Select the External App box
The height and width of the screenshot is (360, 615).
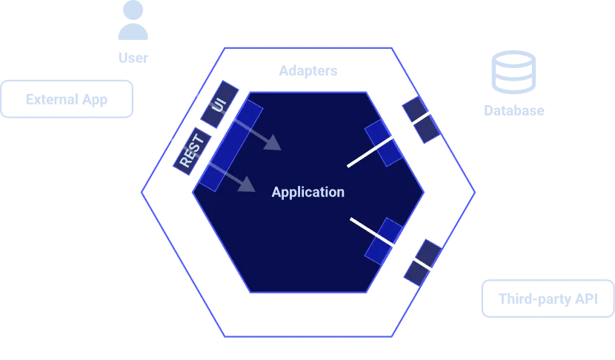[69, 99]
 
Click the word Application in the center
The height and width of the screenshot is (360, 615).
[307, 193]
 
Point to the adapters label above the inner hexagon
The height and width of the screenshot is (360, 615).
[308, 71]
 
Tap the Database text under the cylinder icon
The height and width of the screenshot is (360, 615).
[513, 111]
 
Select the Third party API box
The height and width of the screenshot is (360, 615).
[547, 299]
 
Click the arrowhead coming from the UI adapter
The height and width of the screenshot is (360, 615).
[273, 143]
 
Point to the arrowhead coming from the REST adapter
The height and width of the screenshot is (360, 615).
[248, 185]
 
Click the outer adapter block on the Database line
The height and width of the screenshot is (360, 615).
[421, 119]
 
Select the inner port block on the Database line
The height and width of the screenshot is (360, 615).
[384, 143]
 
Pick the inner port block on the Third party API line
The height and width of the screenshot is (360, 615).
[384, 240]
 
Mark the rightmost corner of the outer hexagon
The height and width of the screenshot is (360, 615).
[473, 193]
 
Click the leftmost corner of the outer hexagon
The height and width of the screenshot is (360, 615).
[141, 193]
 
